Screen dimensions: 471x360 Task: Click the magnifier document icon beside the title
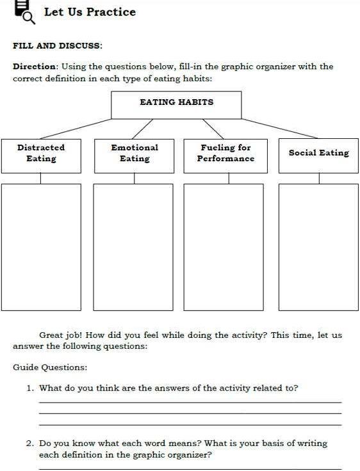click(x=24, y=10)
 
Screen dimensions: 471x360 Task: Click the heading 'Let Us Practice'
click(x=90, y=12)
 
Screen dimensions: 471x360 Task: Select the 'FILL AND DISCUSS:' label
click(x=58, y=45)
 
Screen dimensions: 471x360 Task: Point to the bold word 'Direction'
click(x=35, y=67)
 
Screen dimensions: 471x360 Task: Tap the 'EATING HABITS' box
click(x=176, y=104)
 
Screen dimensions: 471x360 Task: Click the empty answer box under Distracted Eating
click(x=41, y=246)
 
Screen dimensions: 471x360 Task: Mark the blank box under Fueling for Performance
click(x=224, y=246)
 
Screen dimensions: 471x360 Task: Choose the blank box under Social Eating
click(x=318, y=246)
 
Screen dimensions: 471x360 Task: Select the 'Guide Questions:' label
click(x=50, y=367)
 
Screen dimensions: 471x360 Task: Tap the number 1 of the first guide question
click(x=29, y=388)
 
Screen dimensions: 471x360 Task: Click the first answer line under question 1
click(x=190, y=403)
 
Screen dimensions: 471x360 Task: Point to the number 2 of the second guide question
click(x=29, y=443)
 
